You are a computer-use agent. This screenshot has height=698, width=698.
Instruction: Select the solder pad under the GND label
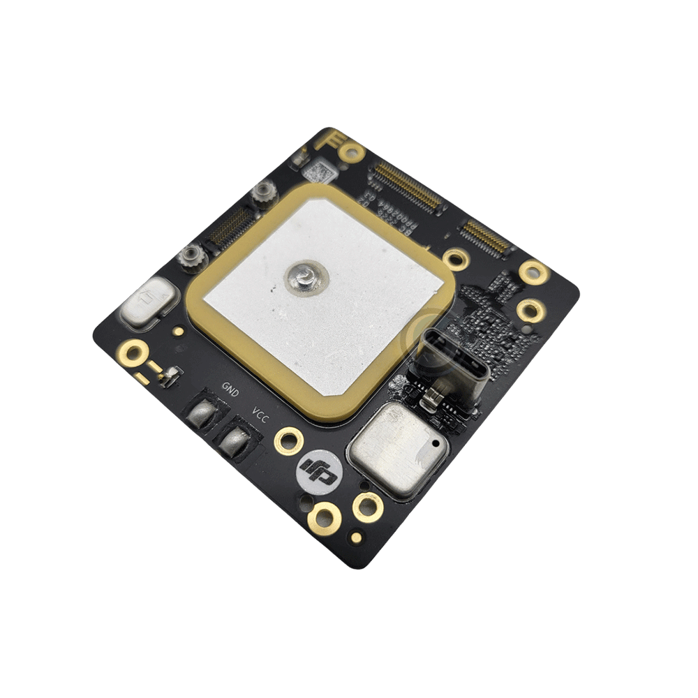tap(205, 413)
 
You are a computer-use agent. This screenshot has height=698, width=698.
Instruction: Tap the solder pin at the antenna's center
tap(304, 277)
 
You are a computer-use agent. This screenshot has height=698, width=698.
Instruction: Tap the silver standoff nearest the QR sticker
tap(265, 192)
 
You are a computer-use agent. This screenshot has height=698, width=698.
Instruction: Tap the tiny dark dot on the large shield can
tap(436, 443)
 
